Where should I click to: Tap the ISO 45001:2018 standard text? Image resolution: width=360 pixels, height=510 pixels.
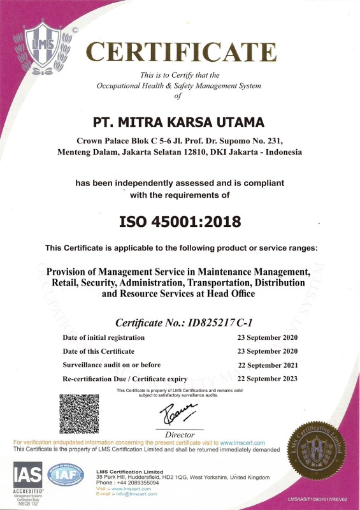pyautogui.click(x=180, y=222)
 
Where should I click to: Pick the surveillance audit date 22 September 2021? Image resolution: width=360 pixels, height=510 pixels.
pyautogui.click(x=264, y=365)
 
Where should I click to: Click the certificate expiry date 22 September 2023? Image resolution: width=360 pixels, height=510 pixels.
pyautogui.click(x=264, y=379)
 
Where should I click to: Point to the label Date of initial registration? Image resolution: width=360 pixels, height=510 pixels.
pyautogui.click(x=103, y=337)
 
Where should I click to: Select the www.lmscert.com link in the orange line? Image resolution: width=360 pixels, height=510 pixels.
pyautogui.click(x=243, y=442)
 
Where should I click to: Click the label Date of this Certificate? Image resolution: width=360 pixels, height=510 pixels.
pyautogui.click(x=98, y=351)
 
